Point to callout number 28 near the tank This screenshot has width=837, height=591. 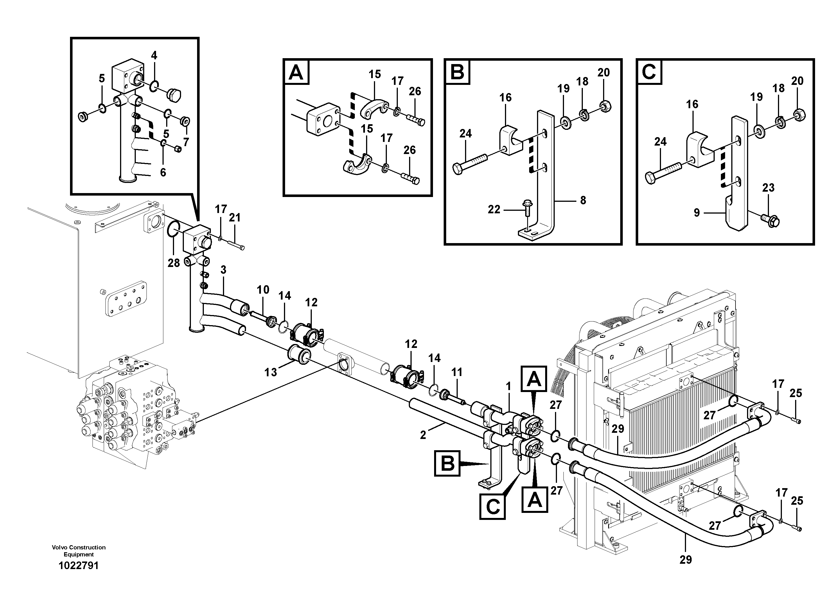point(173,263)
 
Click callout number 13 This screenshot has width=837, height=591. point(271,372)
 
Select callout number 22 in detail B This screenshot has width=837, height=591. point(494,210)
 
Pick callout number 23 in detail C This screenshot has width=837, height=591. point(768,188)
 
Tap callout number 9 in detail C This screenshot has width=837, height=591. point(696,213)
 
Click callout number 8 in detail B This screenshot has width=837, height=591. point(583,200)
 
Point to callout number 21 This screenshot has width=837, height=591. point(234,218)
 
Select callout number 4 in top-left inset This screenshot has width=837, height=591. point(154,55)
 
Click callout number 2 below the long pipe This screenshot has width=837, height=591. point(423,435)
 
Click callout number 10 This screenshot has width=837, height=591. point(263,290)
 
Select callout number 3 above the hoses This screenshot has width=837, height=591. point(223,270)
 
